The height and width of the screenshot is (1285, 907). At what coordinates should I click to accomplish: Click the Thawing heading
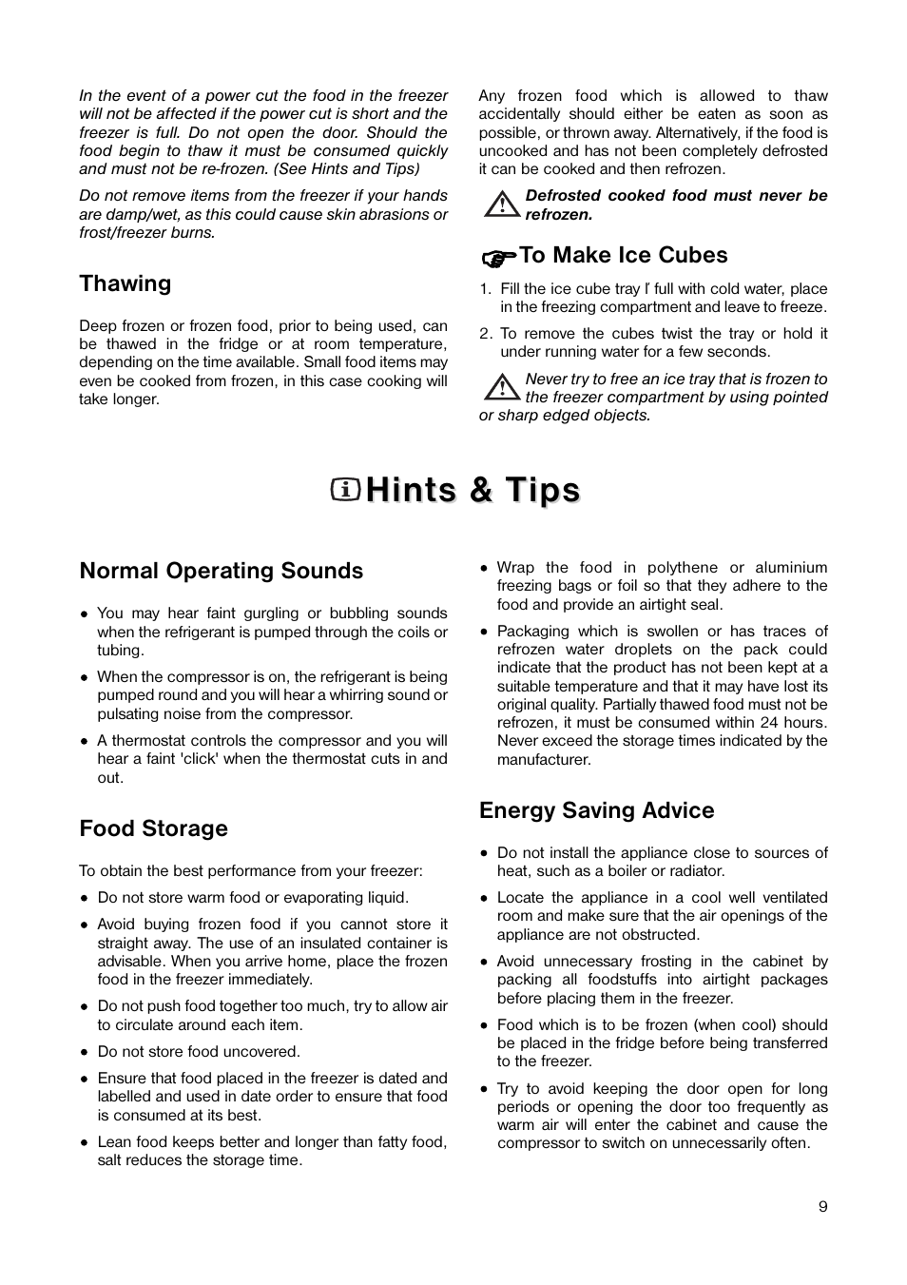[125, 283]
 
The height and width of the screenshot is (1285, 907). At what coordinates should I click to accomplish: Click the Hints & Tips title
[473, 490]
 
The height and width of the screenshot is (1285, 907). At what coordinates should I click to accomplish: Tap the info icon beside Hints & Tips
[345, 490]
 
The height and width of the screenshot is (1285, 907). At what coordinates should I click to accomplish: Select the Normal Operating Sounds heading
[221, 571]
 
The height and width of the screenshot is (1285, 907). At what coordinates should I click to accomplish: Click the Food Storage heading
[153, 828]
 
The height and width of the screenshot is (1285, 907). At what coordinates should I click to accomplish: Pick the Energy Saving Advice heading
[596, 810]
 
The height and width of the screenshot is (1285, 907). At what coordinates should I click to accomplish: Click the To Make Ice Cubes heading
[623, 255]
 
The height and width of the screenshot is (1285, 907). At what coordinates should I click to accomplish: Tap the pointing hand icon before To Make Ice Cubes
[498, 257]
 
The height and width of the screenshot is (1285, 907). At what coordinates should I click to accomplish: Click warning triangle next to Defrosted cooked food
[499, 204]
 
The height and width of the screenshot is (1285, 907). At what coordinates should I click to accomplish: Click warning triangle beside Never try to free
[499, 387]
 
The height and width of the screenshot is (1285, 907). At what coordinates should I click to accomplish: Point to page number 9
[822, 1207]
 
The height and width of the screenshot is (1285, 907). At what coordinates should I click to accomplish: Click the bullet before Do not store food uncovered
[85, 1053]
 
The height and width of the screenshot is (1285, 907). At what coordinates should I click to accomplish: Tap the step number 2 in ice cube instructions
[485, 334]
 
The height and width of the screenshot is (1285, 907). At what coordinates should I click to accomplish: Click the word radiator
[697, 871]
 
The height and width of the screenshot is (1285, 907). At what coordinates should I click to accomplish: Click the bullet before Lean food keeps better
[85, 1143]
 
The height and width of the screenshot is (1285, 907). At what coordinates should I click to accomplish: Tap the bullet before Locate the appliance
[485, 899]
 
